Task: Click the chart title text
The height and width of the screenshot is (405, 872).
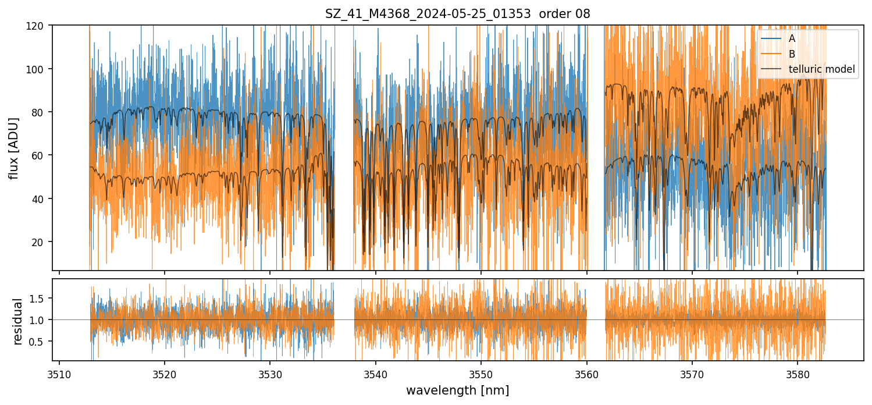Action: [457, 14]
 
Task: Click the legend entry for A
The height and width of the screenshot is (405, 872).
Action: [792, 39]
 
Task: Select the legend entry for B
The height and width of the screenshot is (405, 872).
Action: [792, 54]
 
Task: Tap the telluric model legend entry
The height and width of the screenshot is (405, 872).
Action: [821, 69]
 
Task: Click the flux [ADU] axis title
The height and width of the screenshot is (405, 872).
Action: [13, 148]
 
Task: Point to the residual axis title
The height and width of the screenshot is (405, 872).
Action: [17, 321]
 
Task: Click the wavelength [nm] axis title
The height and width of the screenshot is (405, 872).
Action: [457, 390]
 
